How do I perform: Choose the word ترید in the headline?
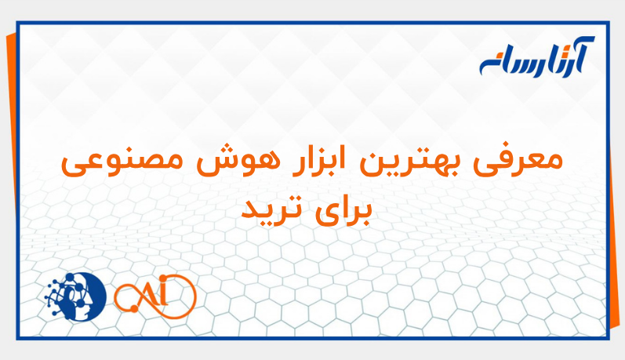pyautogui.click(x=270, y=209)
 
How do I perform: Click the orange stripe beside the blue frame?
pyautogui.click(x=9, y=157)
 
